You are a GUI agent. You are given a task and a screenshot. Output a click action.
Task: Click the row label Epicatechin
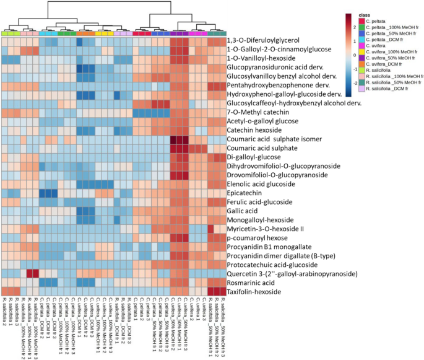point(250,193)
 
